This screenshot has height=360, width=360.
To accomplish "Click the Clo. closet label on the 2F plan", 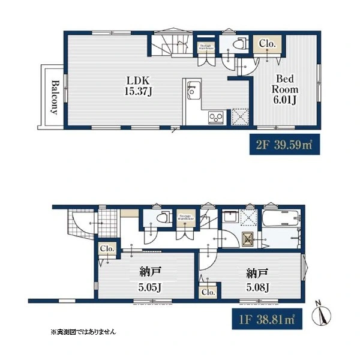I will click(x=268, y=44).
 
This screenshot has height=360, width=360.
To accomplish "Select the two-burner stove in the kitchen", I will click(x=215, y=116).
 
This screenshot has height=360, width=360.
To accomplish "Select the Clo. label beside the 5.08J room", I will click(x=209, y=292).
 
